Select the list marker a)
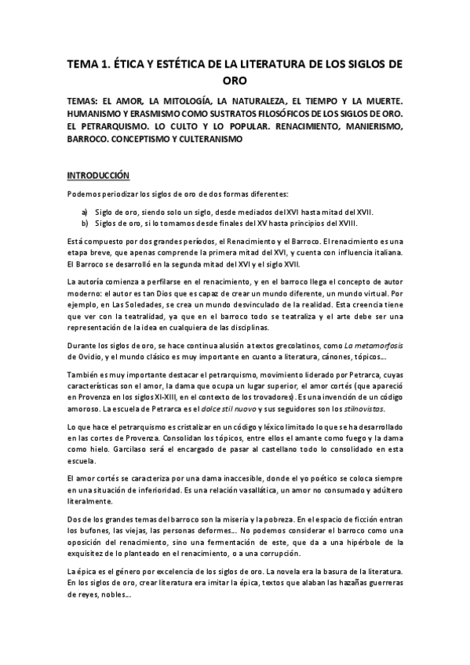pos(85,212)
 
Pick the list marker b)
pos(85,223)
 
